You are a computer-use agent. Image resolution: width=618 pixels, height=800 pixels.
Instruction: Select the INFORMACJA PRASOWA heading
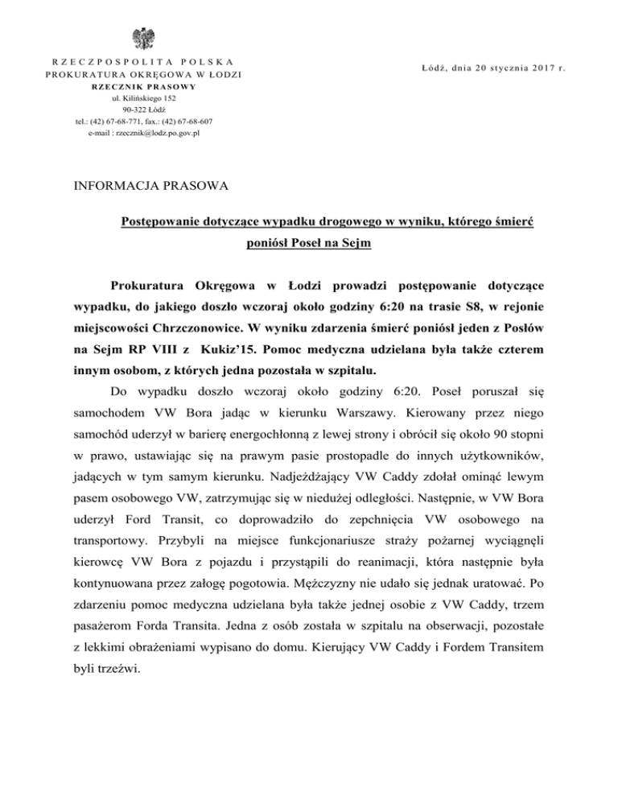pos(139,187)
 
